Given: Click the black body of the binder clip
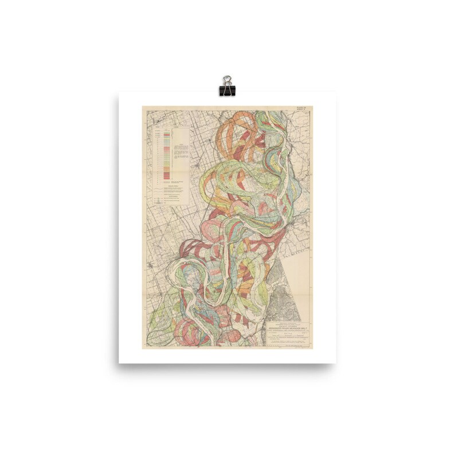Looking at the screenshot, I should (227, 91).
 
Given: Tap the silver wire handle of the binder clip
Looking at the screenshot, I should (227, 80).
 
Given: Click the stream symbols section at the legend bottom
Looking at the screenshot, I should (172, 198).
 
